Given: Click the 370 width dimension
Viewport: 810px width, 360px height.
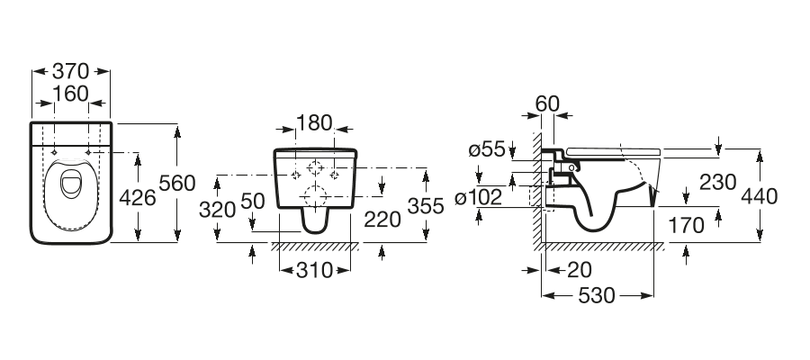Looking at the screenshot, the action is coord(71,71).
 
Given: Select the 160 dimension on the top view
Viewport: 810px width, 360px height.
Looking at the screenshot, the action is coord(71,94).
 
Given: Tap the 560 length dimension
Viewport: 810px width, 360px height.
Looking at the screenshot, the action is coord(177,184).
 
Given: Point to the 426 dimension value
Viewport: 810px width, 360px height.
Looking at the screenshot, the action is coord(138,197).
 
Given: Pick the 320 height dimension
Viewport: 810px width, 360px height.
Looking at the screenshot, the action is coord(218,209).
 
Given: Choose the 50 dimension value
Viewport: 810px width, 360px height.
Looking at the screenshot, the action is coord(253,201).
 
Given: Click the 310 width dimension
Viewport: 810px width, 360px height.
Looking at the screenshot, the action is coord(315,270).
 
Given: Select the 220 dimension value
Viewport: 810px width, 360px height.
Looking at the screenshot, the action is coord(382,220).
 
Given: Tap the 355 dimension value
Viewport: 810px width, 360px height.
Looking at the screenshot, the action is coord(426,206).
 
